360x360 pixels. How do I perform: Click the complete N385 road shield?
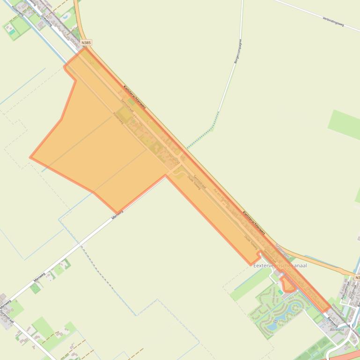point(86,43)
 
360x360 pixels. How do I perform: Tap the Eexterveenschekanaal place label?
point(280,265)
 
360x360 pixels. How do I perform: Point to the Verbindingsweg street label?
point(333,21)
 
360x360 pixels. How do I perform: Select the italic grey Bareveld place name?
point(337,330)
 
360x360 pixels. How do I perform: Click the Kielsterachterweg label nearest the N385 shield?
point(134,97)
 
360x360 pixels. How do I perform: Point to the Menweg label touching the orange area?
point(118,214)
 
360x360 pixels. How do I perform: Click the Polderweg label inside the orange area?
point(118,118)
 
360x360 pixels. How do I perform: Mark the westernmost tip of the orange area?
point(30,158)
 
